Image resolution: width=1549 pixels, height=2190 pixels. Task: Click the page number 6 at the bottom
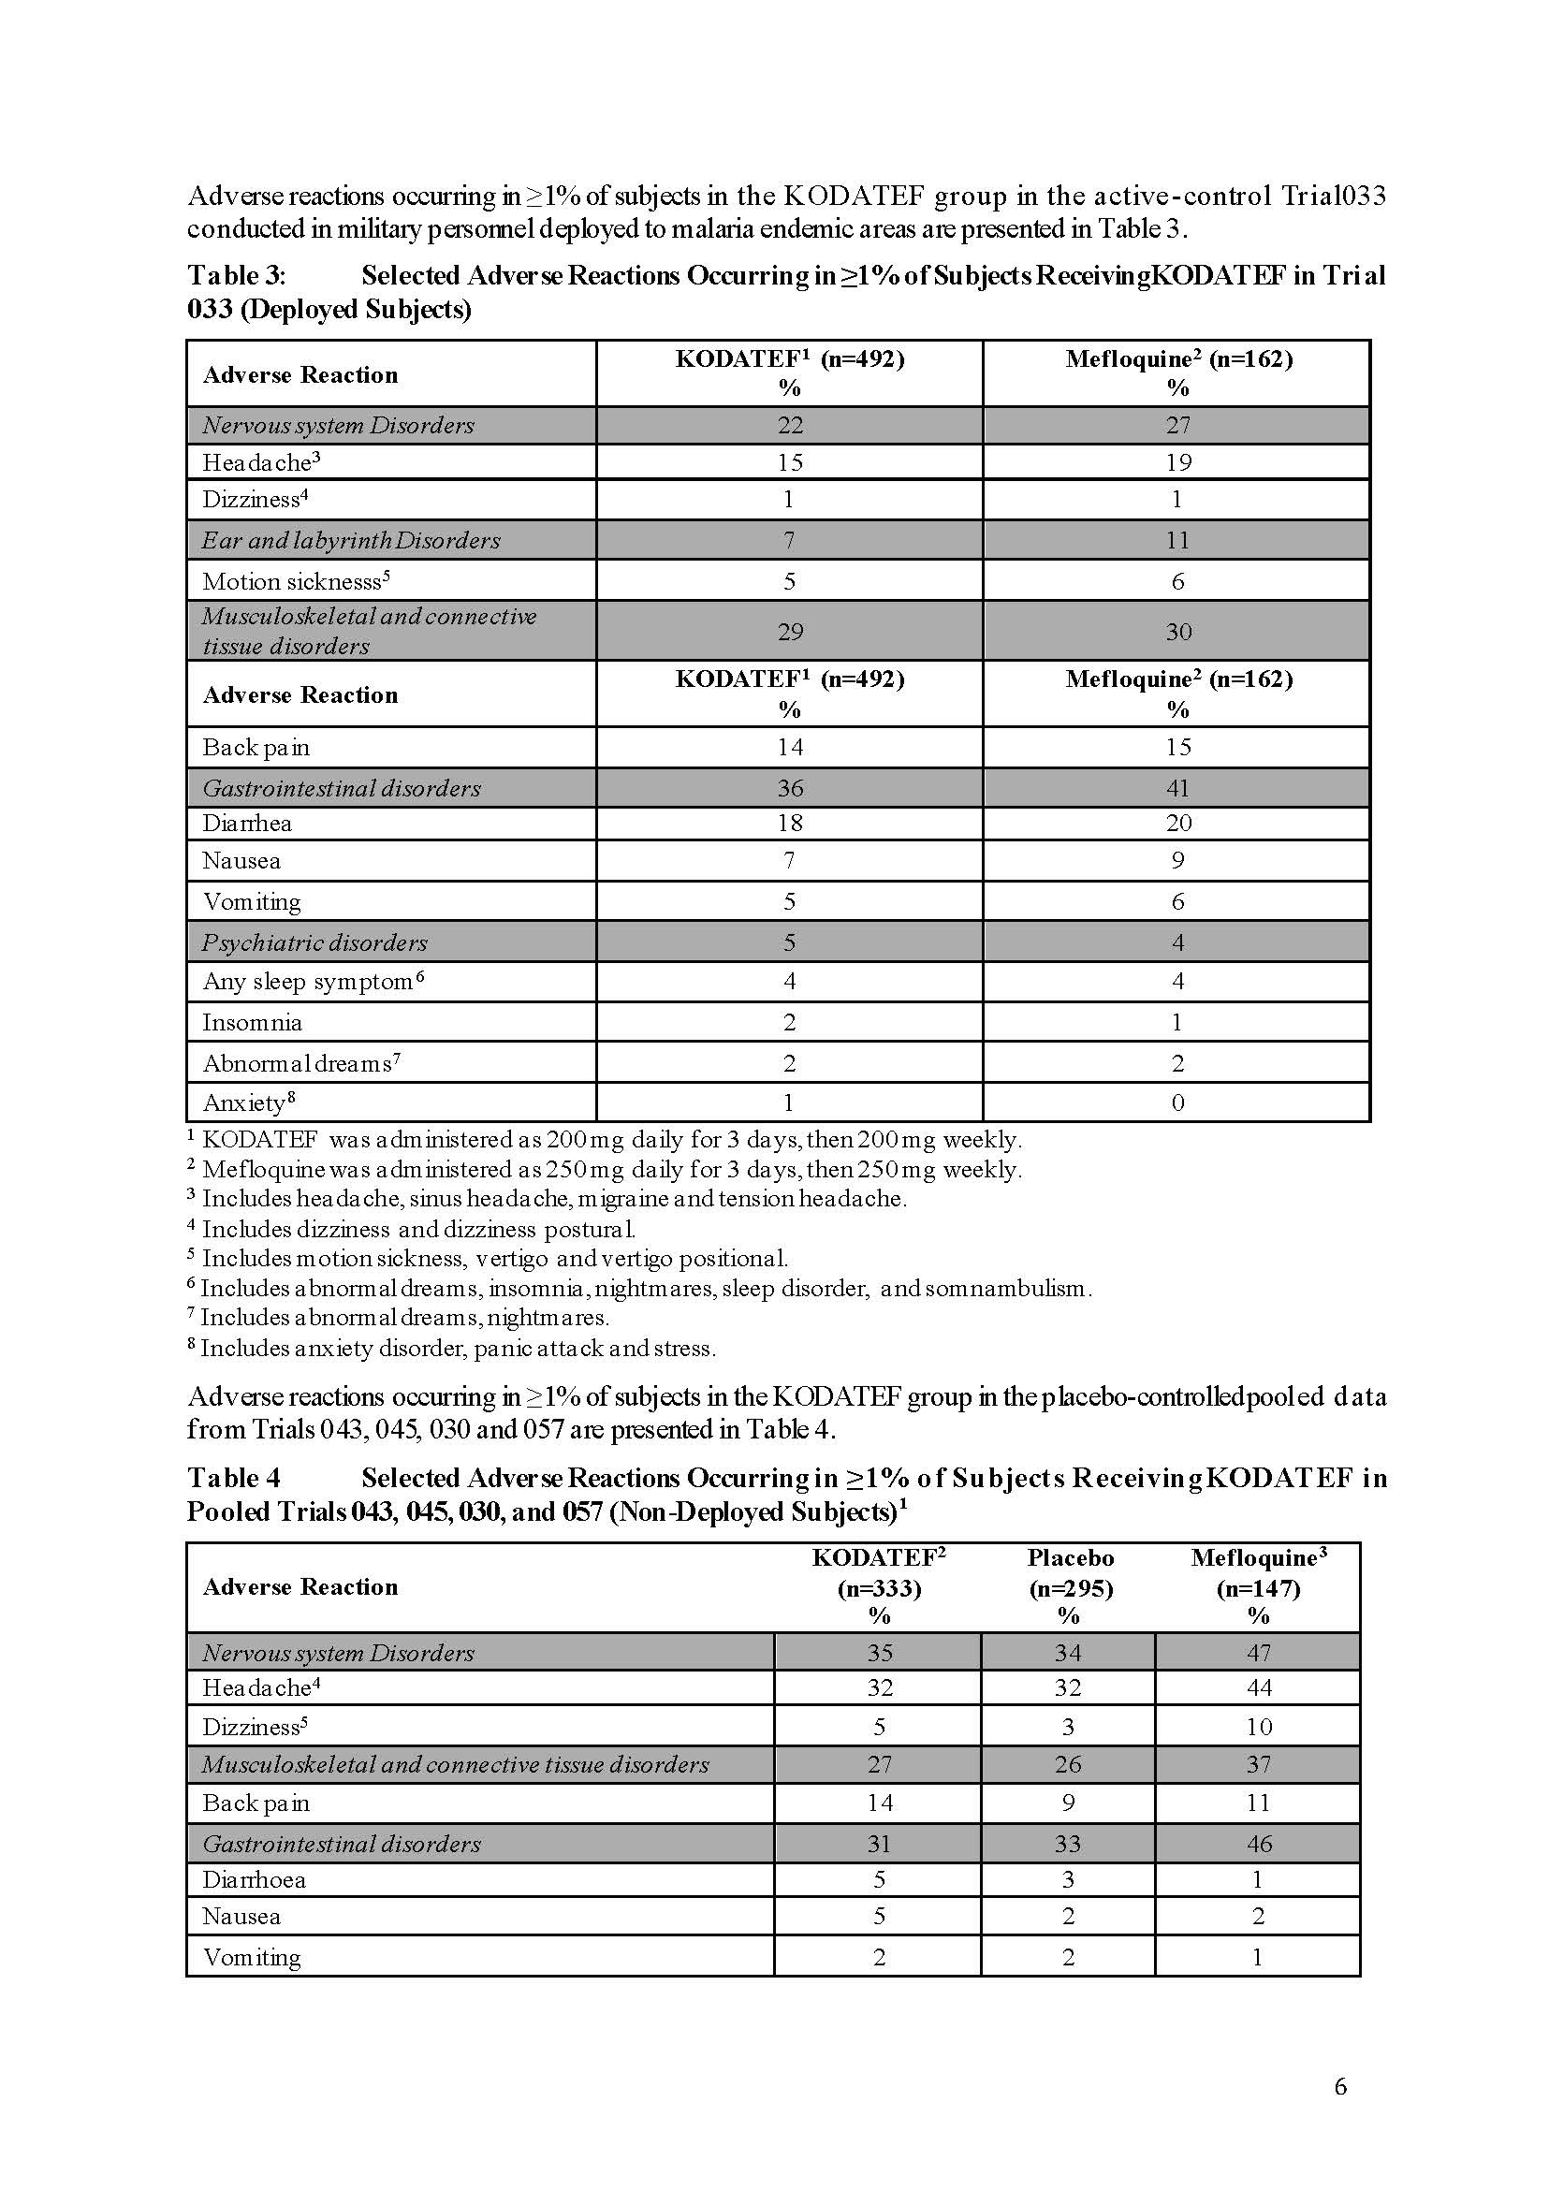(1339, 2088)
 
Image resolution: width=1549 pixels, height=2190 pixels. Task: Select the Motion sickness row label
(296, 582)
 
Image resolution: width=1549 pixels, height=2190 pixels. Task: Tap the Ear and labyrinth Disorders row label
(350, 541)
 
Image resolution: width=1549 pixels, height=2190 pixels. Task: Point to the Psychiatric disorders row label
(314, 943)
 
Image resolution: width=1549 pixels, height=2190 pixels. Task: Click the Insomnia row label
(252, 1023)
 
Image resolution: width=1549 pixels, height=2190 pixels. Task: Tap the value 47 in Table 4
(1258, 1653)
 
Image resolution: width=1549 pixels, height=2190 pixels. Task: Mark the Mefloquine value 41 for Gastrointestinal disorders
(1178, 789)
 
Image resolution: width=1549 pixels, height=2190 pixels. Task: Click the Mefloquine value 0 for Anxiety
(1178, 1103)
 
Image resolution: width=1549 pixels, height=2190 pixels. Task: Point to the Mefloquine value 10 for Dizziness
(1258, 1728)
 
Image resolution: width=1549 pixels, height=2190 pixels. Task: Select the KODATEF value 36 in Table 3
(790, 789)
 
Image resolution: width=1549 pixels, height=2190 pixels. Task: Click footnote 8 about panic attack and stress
(452, 1349)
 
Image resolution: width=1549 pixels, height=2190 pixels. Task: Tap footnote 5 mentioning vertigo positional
(489, 1259)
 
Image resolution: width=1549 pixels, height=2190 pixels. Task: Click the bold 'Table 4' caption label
(234, 1479)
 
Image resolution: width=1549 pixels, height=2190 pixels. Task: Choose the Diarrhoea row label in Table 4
(254, 1880)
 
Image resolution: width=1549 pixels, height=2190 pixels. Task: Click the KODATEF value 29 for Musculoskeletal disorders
(790, 632)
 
